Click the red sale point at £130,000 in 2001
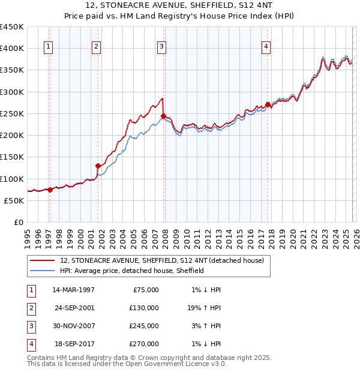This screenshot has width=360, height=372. click(98, 166)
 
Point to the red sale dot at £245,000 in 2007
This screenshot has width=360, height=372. click(163, 116)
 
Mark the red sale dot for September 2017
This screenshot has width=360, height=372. click(268, 105)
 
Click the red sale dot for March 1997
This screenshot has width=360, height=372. click(50, 190)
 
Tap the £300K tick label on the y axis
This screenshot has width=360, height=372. click(12, 92)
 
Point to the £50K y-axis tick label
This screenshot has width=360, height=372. click(14, 200)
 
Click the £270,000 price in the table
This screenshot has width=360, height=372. click(145, 344)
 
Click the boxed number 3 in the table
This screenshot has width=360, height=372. click(31, 326)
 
